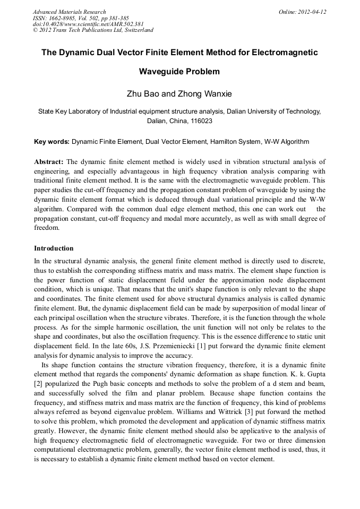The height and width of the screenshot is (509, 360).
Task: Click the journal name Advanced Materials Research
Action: point(70,12)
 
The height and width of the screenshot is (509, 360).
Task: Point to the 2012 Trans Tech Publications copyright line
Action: point(93,30)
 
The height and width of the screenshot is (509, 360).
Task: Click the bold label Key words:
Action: point(52,142)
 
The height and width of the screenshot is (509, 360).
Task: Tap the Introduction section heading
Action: point(54,248)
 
